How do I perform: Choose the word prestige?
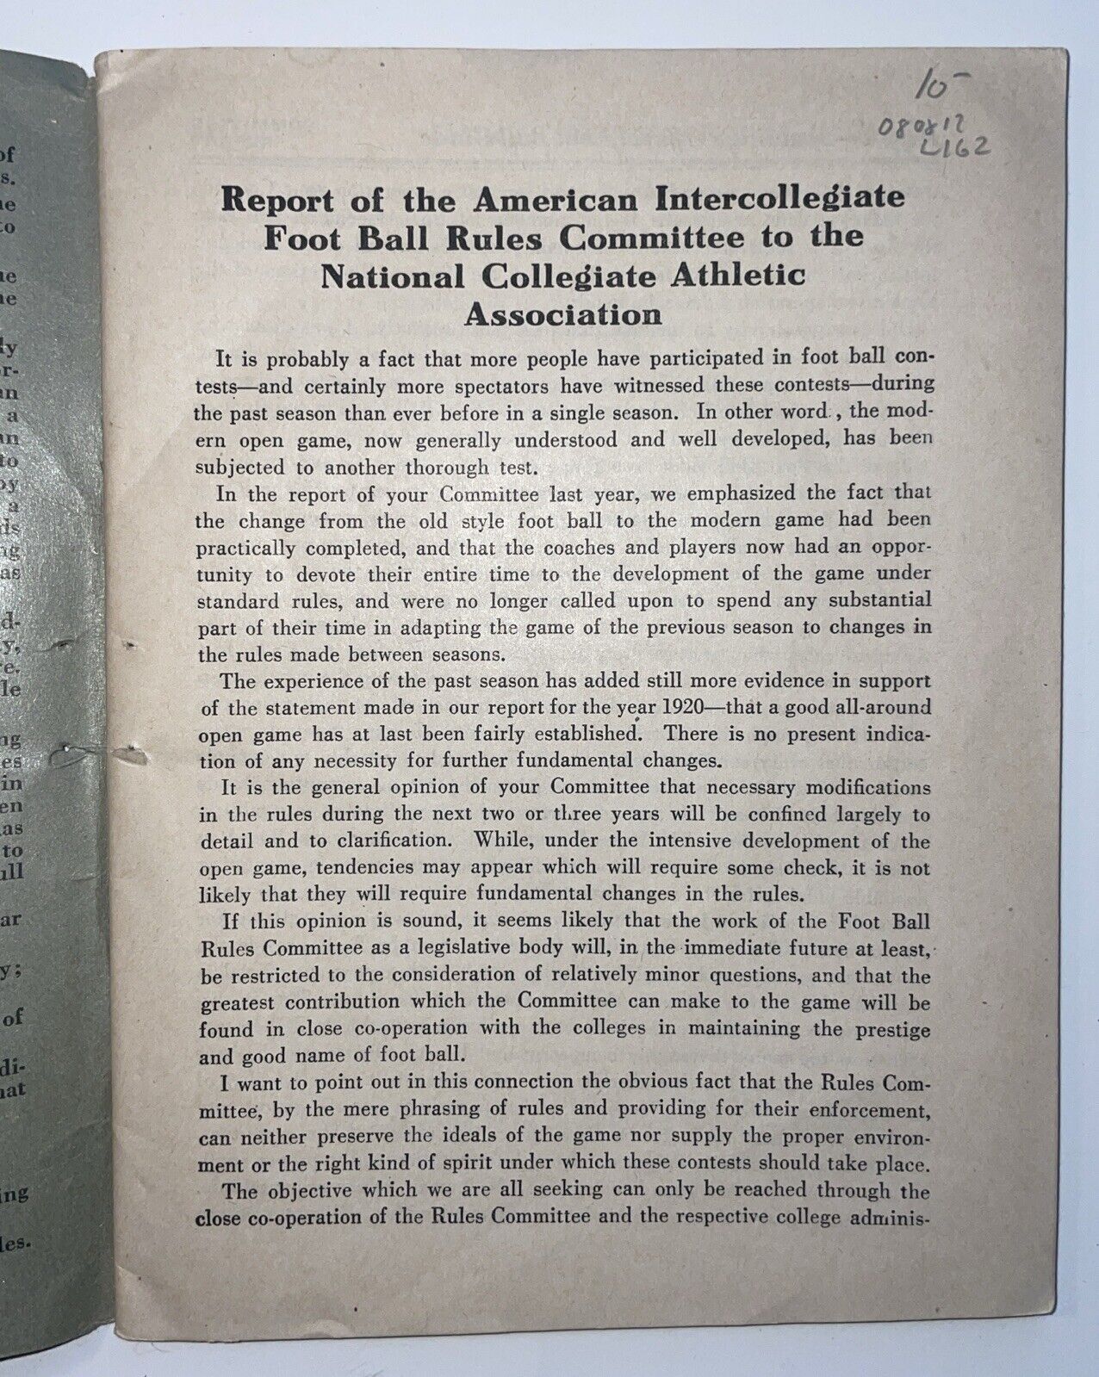896,1028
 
